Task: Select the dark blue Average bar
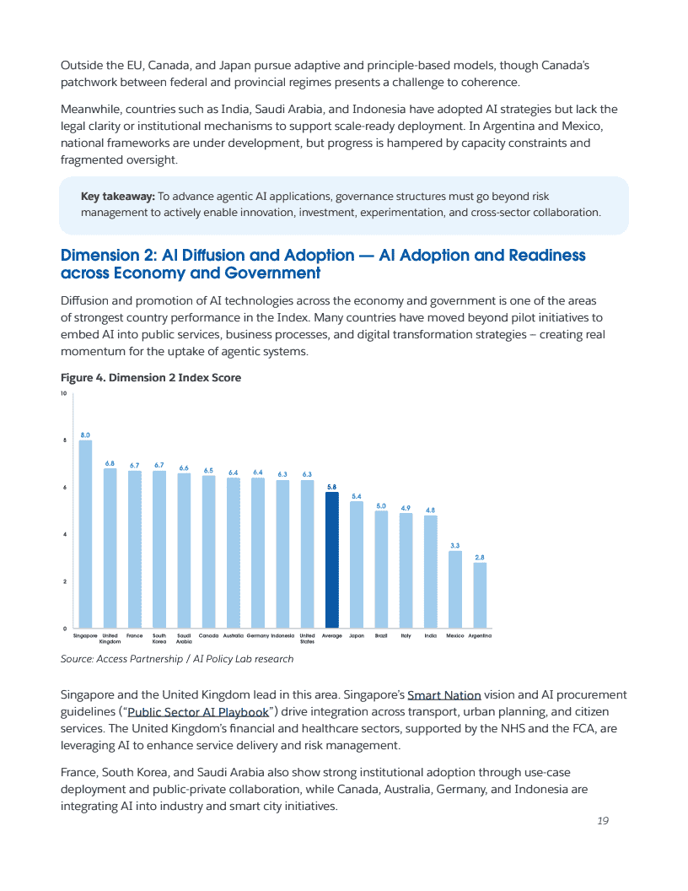point(332,560)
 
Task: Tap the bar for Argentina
point(480,596)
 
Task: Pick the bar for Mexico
point(455,590)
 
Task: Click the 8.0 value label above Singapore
point(85,435)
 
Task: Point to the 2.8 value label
point(480,557)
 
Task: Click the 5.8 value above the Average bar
point(332,487)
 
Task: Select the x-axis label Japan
point(357,634)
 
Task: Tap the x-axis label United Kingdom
point(110,638)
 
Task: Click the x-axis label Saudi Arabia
point(184,638)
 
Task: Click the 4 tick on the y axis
point(65,535)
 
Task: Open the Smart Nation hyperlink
point(443,695)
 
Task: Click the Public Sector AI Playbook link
point(198,711)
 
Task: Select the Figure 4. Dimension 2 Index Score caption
point(151,378)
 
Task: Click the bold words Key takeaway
point(117,197)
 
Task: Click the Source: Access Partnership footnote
point(177,659)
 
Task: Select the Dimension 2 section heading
point(323,264)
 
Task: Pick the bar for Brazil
point(381,570)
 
